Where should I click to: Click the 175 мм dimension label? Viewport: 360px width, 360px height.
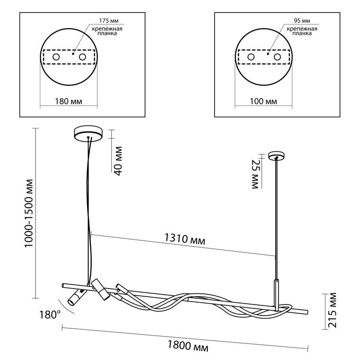[x=109, y=21]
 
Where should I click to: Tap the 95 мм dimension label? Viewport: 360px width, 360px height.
[x=302, y=21]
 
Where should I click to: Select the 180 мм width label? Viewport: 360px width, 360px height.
[x=69, y=101]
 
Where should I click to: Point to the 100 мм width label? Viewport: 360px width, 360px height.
[x=263, y=101]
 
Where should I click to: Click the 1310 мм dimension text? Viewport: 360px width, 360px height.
[x=184, y=239]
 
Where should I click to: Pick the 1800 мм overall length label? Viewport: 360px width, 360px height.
[x=188, y=346]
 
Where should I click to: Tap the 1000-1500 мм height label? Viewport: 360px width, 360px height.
[x=29, y=214]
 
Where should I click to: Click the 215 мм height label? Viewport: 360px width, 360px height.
[x=332, y=310]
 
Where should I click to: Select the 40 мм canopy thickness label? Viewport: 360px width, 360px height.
[x=118, y=161]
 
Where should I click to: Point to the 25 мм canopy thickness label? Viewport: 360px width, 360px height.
[x=255, y=174]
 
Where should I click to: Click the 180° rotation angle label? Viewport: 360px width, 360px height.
[x=50, y=315]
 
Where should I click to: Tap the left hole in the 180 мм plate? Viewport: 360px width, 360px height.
[x=56, y=57]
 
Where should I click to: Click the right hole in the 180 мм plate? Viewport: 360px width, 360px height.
[x=82, y=57]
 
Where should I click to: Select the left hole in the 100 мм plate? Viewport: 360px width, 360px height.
[x=251, y=57]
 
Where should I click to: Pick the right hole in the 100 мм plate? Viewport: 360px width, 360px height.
[x=277, y=57]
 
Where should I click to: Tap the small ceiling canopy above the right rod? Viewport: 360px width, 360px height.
[x=277, y=156]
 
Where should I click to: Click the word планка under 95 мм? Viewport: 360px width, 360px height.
[x=302, y=33]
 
